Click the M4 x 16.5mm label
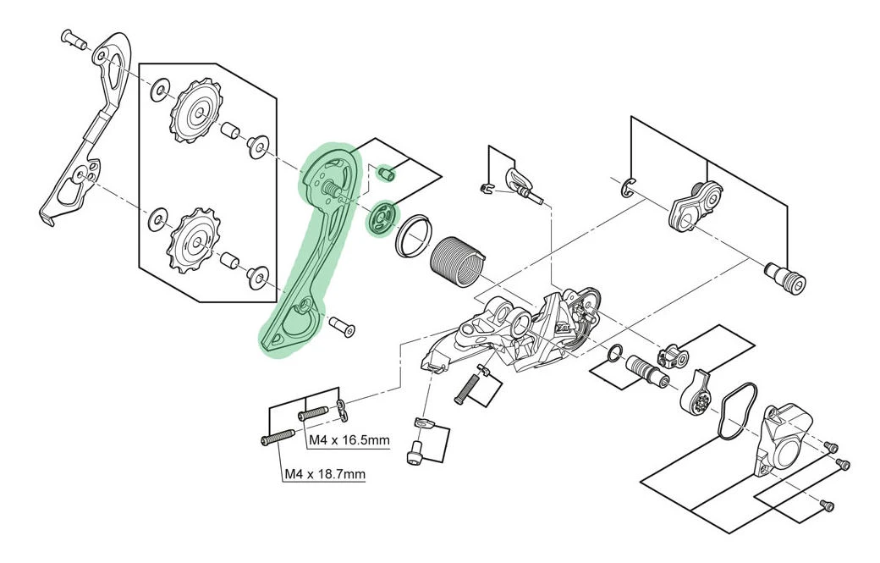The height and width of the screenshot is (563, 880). point(347,441)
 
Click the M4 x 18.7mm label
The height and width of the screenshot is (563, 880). point(324,473)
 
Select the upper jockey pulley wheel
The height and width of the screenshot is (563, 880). point(198,113)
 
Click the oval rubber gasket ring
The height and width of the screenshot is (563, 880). point(732,412)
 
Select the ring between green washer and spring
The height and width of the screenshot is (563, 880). point(411,235)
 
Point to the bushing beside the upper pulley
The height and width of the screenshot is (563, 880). point(228,130)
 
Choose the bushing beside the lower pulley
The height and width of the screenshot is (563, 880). point(228,261)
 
